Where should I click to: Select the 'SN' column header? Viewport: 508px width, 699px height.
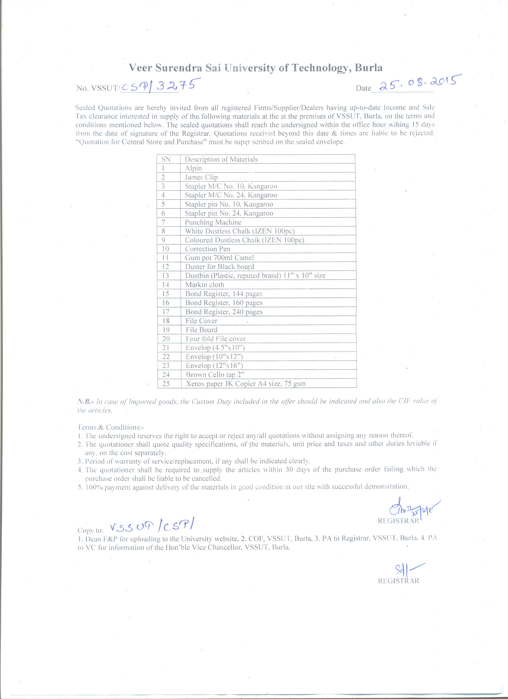tap(166, 159)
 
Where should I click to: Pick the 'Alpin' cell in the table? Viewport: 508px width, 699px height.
tap(193, 168)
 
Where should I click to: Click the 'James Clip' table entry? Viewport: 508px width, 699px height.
tap(201, 177)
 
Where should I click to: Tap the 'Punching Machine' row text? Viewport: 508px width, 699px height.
tap(213, 222)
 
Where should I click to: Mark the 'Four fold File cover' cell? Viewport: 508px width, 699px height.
tap(216, 339)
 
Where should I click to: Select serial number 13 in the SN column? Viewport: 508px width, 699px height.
tap(166, 276)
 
